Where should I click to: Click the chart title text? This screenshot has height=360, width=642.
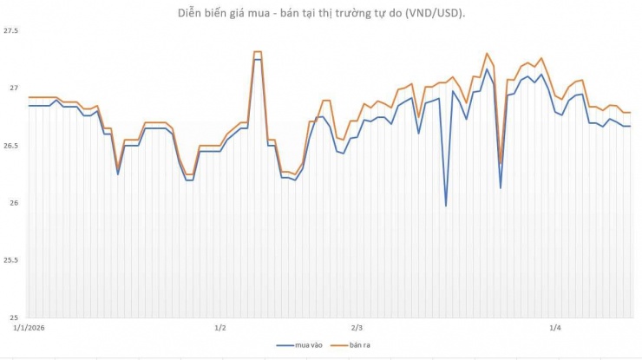point(320,12)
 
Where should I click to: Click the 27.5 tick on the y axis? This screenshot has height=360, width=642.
point(11,31)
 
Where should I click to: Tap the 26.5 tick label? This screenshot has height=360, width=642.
point(11,146)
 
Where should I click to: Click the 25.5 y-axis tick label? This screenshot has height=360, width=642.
point(11,260)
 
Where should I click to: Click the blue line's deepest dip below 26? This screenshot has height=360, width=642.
point(446,206)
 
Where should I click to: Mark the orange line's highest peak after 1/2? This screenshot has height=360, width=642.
point(258,52)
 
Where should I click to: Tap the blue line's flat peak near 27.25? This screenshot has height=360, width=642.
point(258,59)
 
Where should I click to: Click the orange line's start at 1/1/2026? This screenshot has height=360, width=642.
point(29,97)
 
